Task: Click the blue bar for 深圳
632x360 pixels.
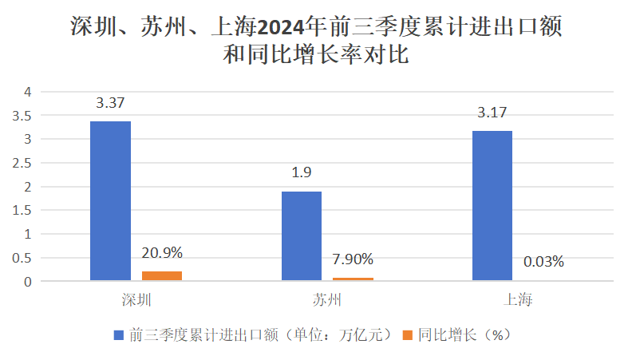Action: (x=110, y=201)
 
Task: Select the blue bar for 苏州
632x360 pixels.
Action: (x=301, y=236)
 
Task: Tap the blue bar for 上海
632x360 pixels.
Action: (x=492, y=206)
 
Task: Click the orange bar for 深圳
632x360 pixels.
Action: (x=162, y=276)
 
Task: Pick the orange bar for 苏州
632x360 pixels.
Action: (x=353, y=279)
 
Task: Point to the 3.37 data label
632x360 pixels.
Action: (x=110, y=103)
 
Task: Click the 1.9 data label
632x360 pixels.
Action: (x=301, y=173)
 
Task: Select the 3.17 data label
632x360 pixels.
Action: (x=492, y=113)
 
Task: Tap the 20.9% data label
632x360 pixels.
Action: (x=162, y=253)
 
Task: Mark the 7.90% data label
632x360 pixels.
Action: (x=353, y=259)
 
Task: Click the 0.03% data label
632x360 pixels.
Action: (x=543, y=261)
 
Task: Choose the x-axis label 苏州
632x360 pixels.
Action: (x=326, y=301)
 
